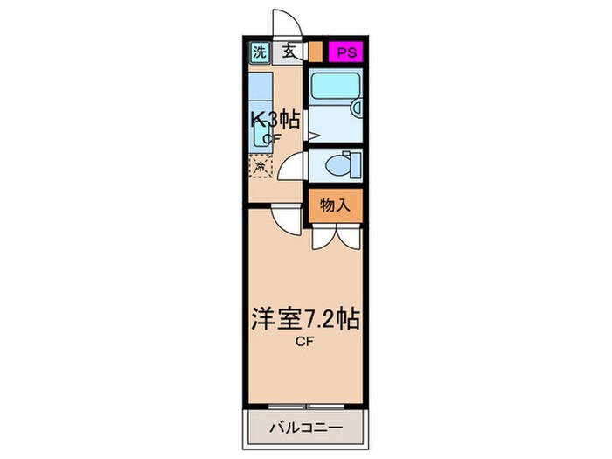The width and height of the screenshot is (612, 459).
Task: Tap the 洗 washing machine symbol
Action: [x=259, y=52]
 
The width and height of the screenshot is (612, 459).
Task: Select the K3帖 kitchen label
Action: [x=275, y=118]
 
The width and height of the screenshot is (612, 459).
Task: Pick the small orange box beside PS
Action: [x=316, y=52]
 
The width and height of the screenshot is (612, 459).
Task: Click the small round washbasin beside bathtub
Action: [x=355, y=108]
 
